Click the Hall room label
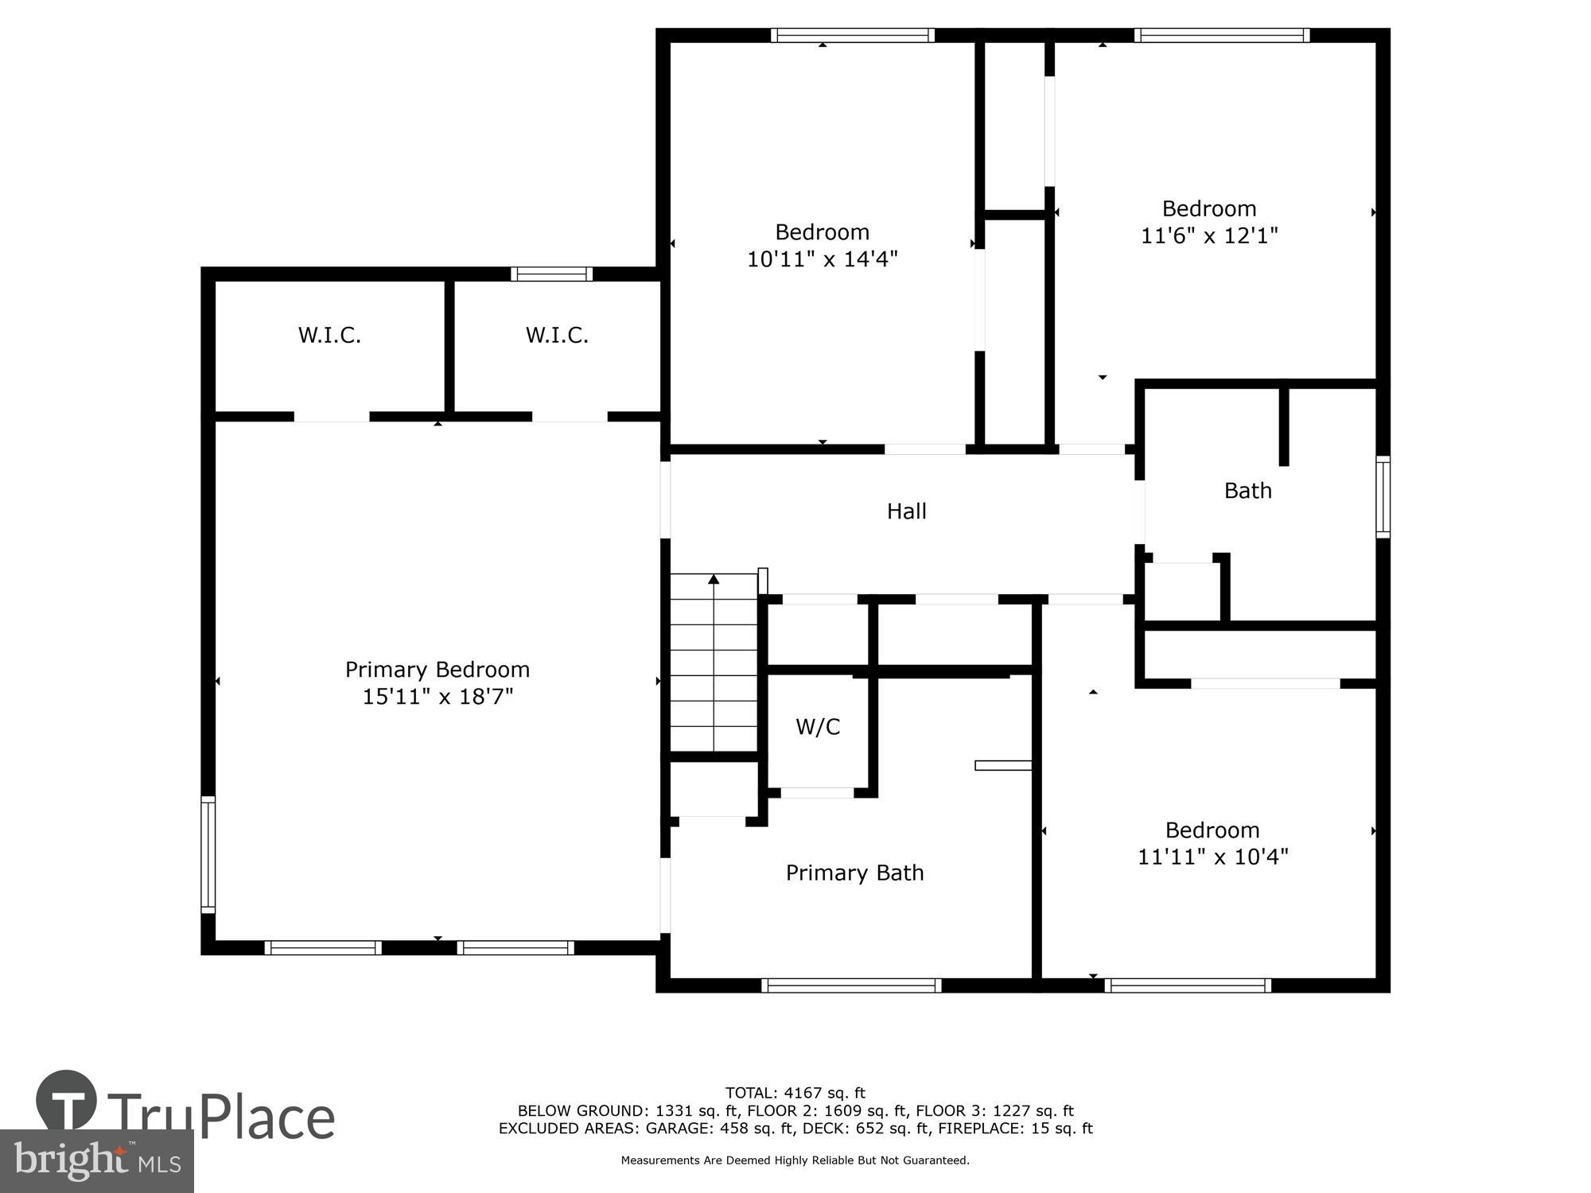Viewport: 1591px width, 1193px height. pos(906,511)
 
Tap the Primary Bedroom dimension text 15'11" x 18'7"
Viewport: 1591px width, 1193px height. pos(438,697)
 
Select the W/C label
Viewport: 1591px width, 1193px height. pos(818,727)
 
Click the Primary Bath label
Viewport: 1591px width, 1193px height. pos(854,873)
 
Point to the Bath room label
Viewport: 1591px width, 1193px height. pos(1247,491)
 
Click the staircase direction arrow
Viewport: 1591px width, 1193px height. pos(714,580)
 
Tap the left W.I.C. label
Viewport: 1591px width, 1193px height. pos(329,336)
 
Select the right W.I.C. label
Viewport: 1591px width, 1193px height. pos(557,336)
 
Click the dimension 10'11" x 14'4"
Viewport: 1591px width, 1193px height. pos(822,259)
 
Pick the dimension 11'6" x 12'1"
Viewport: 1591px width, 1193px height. pos(1208,236)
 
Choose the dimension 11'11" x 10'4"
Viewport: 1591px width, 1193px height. pos(1212,857)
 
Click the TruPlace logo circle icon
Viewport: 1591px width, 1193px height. pos(67,1101)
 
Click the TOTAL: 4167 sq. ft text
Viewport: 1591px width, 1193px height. pos(795,1093)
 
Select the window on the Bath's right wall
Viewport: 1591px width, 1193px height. pos(1383,497)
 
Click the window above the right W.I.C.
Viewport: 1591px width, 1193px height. pos(551,274)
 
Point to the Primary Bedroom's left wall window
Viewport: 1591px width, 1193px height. pos(208,853)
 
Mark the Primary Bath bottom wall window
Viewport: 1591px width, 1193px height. pos(851,985)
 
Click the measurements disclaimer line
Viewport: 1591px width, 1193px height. pos(795,1160)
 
